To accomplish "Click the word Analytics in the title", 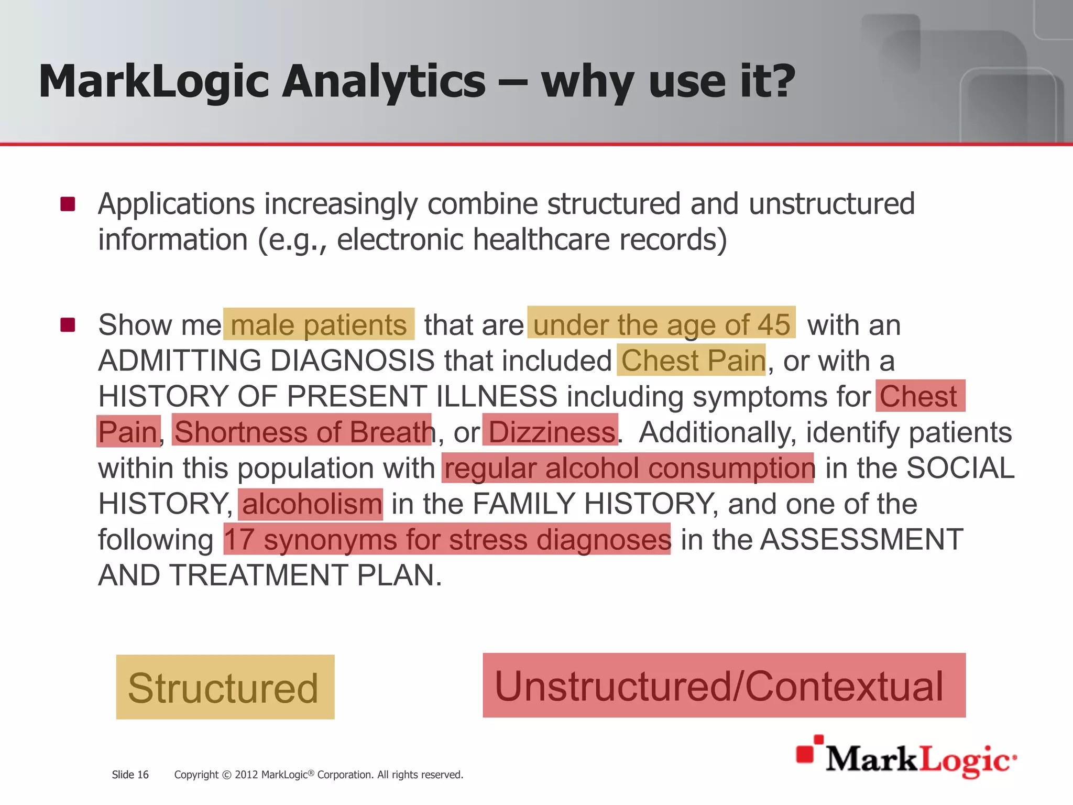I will pyautogui.click(x=384, y=82).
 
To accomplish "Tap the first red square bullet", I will pyautogui.click(x=68, y=204).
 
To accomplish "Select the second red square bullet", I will pyautogui.click(x=68, y=325).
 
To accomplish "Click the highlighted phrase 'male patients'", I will pyautogui.click(x=319, y=325).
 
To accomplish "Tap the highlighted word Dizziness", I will pyautogui.click(x=551, y=432).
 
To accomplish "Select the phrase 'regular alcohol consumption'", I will pyautogui.click(x=629, y=467).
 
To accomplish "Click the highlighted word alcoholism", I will pyautogui.click(x=311, y=504).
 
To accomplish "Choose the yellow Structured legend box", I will pyautogui.click(x=225, y=687).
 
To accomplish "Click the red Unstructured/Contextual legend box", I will pyautogui.click(x=724, y=686).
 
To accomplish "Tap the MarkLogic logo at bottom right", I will pyautogui.click(x=906, y=758).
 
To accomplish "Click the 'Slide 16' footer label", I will pyautogui.click(x=130, y=775).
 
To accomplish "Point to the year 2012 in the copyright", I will pyautogui.click(x=246, y=775).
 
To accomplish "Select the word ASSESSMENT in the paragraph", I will pyautogui.click(x=861, y=539).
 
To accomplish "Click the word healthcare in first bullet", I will pyautogui.click(x=542, y=240).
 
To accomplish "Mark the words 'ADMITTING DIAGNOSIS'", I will pyautogui.click(x=266, y=361).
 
